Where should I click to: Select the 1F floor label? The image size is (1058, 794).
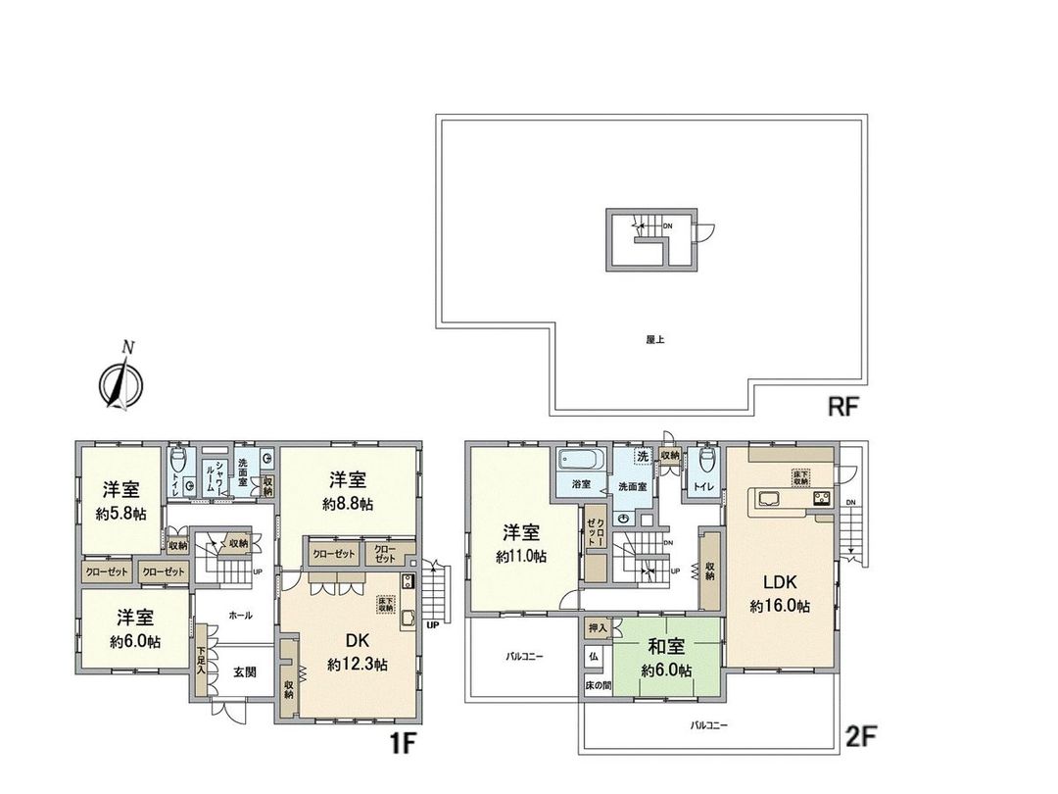[403, 743]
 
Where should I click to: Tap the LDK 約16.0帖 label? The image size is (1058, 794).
[780, 594]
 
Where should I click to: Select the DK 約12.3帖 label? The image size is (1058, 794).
[357, 652]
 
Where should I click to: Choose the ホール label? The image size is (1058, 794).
[240, 616]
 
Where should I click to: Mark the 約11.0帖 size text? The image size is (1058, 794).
[521, 556]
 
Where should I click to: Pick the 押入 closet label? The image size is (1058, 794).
[597, 626]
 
